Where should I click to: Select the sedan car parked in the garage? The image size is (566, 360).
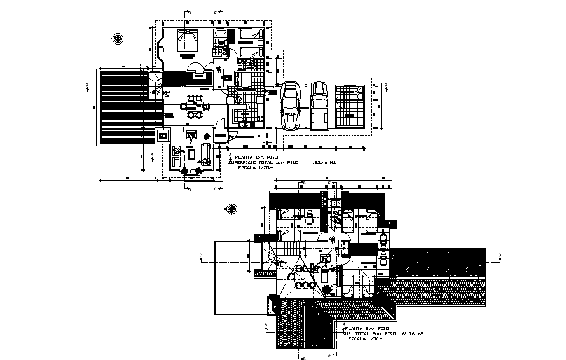tap(291, 106)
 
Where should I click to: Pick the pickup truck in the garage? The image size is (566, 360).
tap(319, 104)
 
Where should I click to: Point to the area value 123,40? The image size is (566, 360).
tap(315, 162)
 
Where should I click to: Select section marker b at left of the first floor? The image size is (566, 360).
tap(87, 83)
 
